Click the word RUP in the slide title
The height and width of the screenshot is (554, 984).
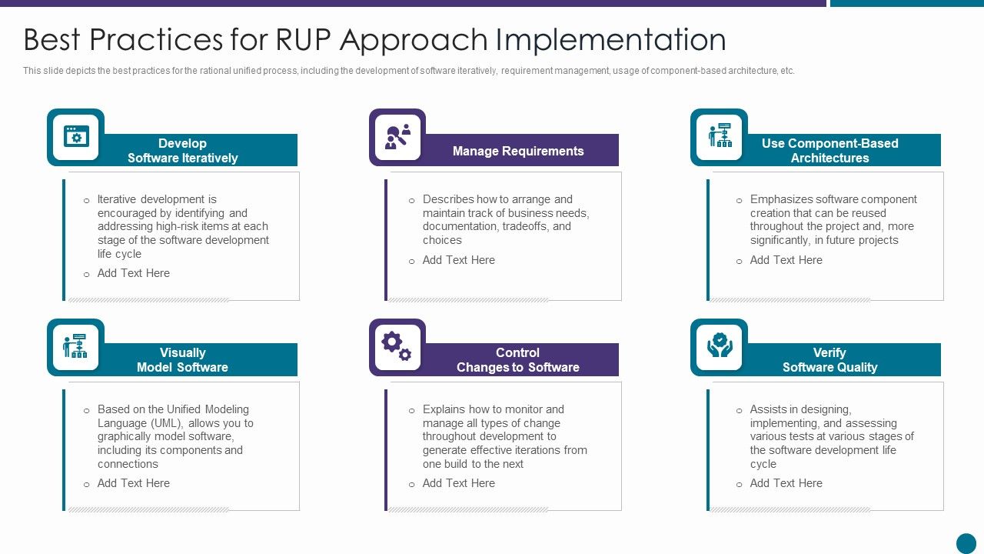point(294,40)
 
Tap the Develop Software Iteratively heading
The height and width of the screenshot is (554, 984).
point(182,151)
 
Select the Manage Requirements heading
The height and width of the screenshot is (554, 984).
point(517,151)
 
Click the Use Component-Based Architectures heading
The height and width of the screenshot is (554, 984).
point(829,151)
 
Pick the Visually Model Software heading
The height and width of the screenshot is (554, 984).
point(182,360)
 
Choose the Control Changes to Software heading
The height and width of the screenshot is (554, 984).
point(517,360)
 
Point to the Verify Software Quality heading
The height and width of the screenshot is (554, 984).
point(829,360)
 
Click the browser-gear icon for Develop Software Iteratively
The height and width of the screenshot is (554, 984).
point(76,137)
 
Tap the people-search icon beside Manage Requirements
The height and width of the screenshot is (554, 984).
point(397,137)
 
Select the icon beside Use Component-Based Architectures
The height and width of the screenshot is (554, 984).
point(720,136)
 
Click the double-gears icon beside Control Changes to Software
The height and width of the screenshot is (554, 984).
point(397,347)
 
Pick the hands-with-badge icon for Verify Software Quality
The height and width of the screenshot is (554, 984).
point(720,346)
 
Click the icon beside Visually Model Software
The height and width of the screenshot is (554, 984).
point(75,346)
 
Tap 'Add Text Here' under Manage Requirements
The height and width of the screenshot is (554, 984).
point(458,260)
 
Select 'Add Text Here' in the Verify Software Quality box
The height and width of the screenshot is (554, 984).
point(786,483)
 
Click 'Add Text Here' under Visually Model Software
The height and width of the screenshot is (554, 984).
point(133,483)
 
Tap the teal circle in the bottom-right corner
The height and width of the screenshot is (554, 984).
point(966,543)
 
